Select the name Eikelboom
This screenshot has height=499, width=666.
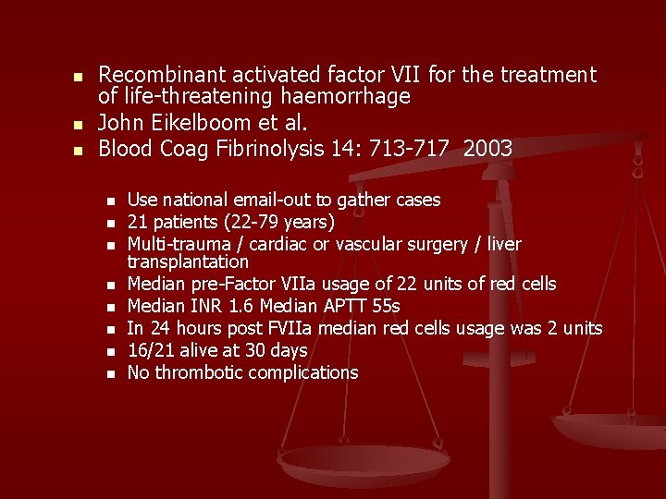coord(211,122)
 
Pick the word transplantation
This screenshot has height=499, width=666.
coord(188,262)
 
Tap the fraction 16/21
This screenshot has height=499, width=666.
coord(149,350)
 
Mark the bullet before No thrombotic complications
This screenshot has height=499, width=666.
coord(110,374)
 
